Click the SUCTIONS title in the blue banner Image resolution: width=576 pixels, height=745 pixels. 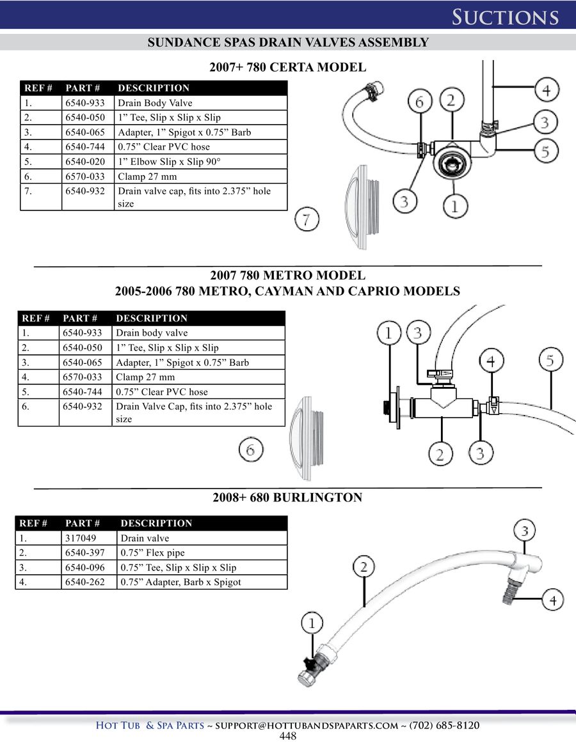(x=505, y=17)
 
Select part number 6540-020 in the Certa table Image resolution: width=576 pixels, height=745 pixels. (x=85, y=162)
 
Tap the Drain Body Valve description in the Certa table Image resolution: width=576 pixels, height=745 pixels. (x=155, y=102)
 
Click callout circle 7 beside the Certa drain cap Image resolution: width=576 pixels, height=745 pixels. (x=307, y=219)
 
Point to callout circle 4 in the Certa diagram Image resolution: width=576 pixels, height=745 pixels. (x=547, y=90)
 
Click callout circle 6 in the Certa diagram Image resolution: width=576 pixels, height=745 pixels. (x=419, y=101)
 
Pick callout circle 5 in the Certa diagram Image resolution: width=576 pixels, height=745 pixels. (x=545, y=151)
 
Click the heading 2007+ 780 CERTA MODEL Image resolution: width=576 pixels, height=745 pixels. (x=288, y=67)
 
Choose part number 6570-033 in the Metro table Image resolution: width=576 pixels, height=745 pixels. (x=83, y=377)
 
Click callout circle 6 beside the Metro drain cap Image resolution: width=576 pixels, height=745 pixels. (x=251, y=450)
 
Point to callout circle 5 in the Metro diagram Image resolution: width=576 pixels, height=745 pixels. (x=551, y=359)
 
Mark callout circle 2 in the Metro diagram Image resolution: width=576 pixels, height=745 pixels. (x=440, y=454)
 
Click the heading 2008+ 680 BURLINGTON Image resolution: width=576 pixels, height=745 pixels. (x=287, y=498)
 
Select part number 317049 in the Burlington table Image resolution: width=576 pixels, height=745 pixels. (x=81, y=538)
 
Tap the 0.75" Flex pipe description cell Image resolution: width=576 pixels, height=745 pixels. (x=152, y=553)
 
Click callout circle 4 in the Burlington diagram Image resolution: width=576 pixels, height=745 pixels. (x=553, y=600)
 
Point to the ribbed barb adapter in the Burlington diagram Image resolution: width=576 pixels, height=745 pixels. (x=510, y=590)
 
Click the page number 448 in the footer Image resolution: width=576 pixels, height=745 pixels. (x=288, y=736)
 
